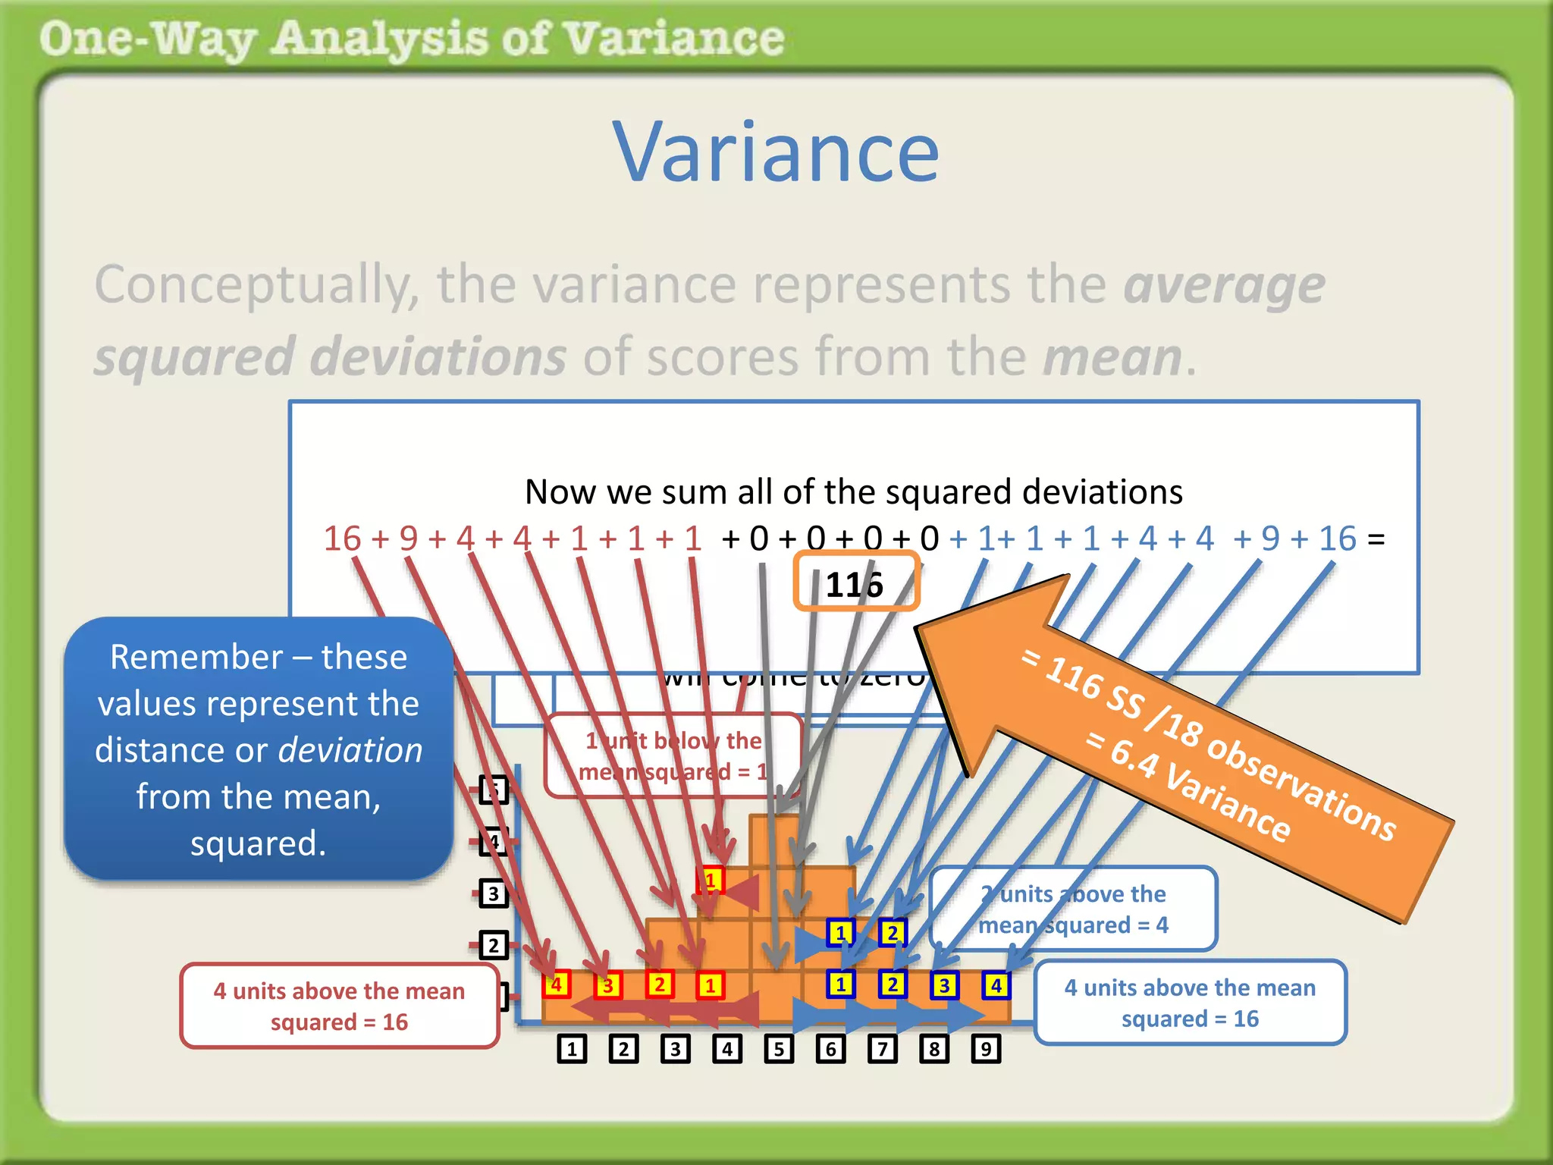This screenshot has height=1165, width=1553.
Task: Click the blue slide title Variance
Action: pyautogui.click(x=776, y=153)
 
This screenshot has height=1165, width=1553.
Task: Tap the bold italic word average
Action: pyautogui.click(x=1224, y=286)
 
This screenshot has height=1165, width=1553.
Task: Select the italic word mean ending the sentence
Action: pyautogui.click(x=1112, y=357)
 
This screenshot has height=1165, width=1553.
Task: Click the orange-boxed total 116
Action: pyautogui.click(x=855, y=584)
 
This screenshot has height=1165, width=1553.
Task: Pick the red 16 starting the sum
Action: pyautogui.click(x=342, y=539)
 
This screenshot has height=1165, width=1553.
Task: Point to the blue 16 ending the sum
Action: pyautogui.click(x=1337, y=539)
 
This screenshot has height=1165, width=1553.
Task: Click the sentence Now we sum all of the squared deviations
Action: pyautogui.click(x=853, y=492)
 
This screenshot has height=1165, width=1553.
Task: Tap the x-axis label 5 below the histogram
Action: pyautogui.click(x=779, y=1049)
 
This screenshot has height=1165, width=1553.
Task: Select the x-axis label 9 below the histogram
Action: pyautogui.click(x=986, y=1049)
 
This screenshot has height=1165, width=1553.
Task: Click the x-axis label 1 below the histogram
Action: pyautogui.click(x=572, y=1049)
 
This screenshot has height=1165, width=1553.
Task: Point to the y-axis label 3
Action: pyautogui.click(x=493, y=893)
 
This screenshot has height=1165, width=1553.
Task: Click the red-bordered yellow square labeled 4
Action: pyautogui.click(x=557, y=984)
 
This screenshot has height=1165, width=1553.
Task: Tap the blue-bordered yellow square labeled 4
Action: pyautogui.click(x=996, y=985)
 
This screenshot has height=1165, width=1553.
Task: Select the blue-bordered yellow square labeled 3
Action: pyautogui.click(x=944, y=985)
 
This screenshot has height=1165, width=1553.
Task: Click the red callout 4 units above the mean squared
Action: pyautogui.click(x=339, y=1006)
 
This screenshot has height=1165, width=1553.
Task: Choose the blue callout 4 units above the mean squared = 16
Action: pyautogui.click(x=1190, y=1003)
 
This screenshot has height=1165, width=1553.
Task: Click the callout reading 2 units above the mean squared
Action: pyautogui.click(x=1073, y=909)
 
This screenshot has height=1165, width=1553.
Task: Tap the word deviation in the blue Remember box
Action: pyautogui.click(x=350, y=750)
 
